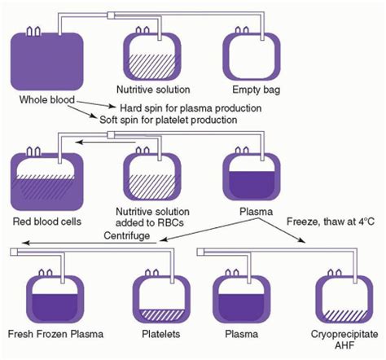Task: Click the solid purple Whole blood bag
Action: pyautogui.click(x=47, y=61)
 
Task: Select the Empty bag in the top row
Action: pyautogui.click(x=252, y=56)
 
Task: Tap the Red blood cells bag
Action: pyautogui.click(x=47, y=182)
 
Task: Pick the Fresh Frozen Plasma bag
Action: pyautogui.click(x=55, y=299)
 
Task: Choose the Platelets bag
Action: pyautogui.click(x=161, y=299)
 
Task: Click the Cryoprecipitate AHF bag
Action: pyautogui.click(x=344, y=299)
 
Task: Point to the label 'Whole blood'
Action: pyautogui.click(x=47, y=99)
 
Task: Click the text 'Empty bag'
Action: pyautogui.click(x=256, y=90)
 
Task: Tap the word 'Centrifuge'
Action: pyautogui.click(x=127, y=235)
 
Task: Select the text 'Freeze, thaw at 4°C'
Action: pyautogui.click(x=331, y=222)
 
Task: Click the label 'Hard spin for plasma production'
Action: pyautogui.click(x=191, y=108)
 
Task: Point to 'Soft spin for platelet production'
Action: pyautogui.click(x=169, y=120)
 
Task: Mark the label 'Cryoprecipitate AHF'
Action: pyautogui.click(x=344, y=340)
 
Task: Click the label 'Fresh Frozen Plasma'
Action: pyautogui.click(x=55, y=334)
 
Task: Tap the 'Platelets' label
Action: pyautogui.click(x=161, y=334)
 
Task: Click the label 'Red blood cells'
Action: pyautogui.click(x=47, y=222)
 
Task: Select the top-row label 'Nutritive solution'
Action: pyautogui.click(x=153, y=90)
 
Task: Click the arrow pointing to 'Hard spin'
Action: pyautogui.click(x=96, y=104)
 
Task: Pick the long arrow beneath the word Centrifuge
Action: pyautogui.click(x=90, y=243)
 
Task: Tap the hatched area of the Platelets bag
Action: pyautogui.click(x=161, y=314)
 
